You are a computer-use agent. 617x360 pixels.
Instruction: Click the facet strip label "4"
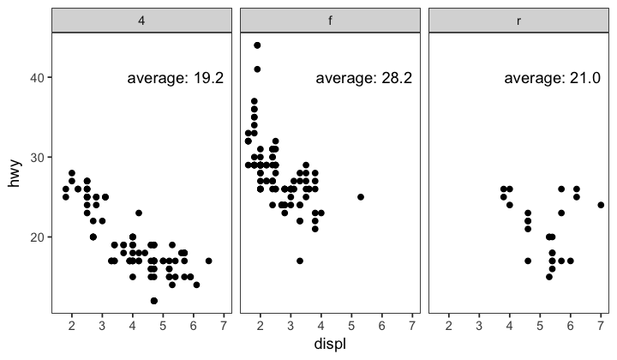(x=141, y=21)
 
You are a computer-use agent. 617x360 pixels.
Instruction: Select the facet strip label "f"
(x=330, y=21)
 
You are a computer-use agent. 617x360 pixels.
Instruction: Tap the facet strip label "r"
(x=518, y=21)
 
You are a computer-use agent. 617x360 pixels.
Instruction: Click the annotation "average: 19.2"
(x=176, y=78)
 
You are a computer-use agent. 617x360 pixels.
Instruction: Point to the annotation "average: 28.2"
(x=364, y=78)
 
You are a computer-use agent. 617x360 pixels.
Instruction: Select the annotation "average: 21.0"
(x=553, y=78)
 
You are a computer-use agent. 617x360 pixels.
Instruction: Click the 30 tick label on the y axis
(x=38, y=158)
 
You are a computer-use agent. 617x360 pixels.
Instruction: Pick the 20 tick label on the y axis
(x=38, y=237)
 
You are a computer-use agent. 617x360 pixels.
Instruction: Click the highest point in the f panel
(x=257, y=45)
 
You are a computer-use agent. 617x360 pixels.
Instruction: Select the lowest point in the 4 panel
(x=153, y=300)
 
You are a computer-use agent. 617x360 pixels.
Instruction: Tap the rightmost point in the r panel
(x=601, y=205)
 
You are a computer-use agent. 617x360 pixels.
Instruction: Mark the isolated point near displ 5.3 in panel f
(x=361, y=197)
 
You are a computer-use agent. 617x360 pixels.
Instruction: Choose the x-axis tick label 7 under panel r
(x=601, y=326)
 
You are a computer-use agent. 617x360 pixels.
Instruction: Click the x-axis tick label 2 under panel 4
(x=72, y=326)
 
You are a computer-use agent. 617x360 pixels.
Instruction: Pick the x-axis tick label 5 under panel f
(x=351, y=326)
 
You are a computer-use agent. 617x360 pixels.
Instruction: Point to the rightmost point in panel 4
(x=208, y=261)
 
